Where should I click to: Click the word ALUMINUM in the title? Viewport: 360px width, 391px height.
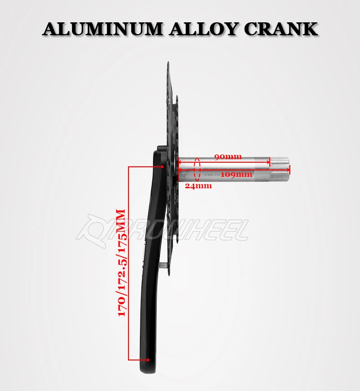pos(102,29)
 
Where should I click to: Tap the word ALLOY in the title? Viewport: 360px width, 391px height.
pos(201,29)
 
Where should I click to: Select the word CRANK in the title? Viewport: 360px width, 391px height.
pos(280,29)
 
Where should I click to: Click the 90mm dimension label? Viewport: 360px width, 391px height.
pos(227,157)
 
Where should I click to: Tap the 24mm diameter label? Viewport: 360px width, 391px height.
pos(198,186)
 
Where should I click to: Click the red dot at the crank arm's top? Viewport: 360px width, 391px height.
pos(162,167)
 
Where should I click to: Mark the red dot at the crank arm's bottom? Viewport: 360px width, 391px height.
pos(148,359)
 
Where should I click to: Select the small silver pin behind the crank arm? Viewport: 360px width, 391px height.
pos(163,263)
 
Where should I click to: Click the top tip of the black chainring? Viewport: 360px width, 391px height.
pos(167,64)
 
